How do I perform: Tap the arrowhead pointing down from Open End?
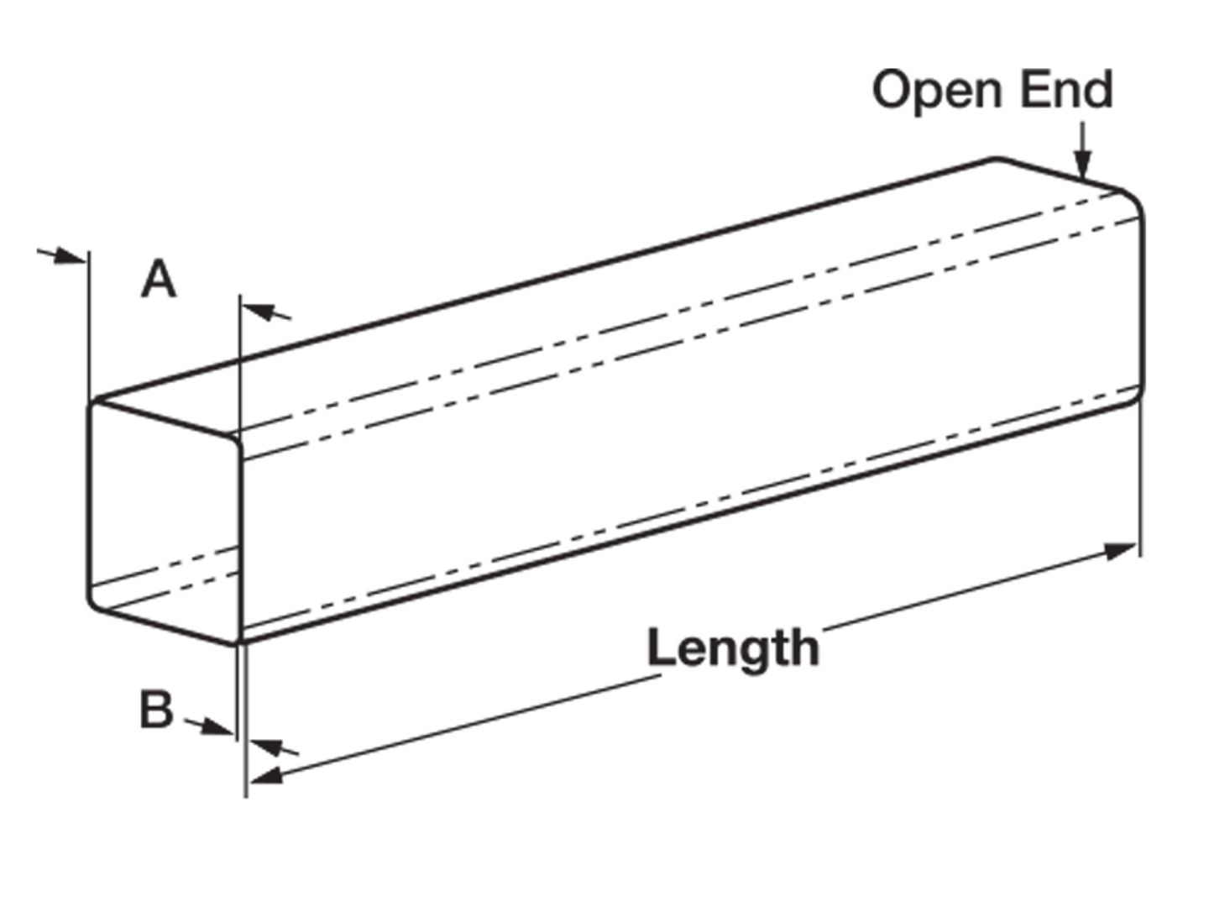click(1083, 167)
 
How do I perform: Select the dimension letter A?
click(159, 279)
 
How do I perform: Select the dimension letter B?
click(156, 710)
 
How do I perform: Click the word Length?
click(733, 648)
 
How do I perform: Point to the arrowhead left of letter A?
click(71, 256)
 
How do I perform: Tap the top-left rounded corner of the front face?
click(96, 406)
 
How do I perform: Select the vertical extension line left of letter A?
click(88, 328)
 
